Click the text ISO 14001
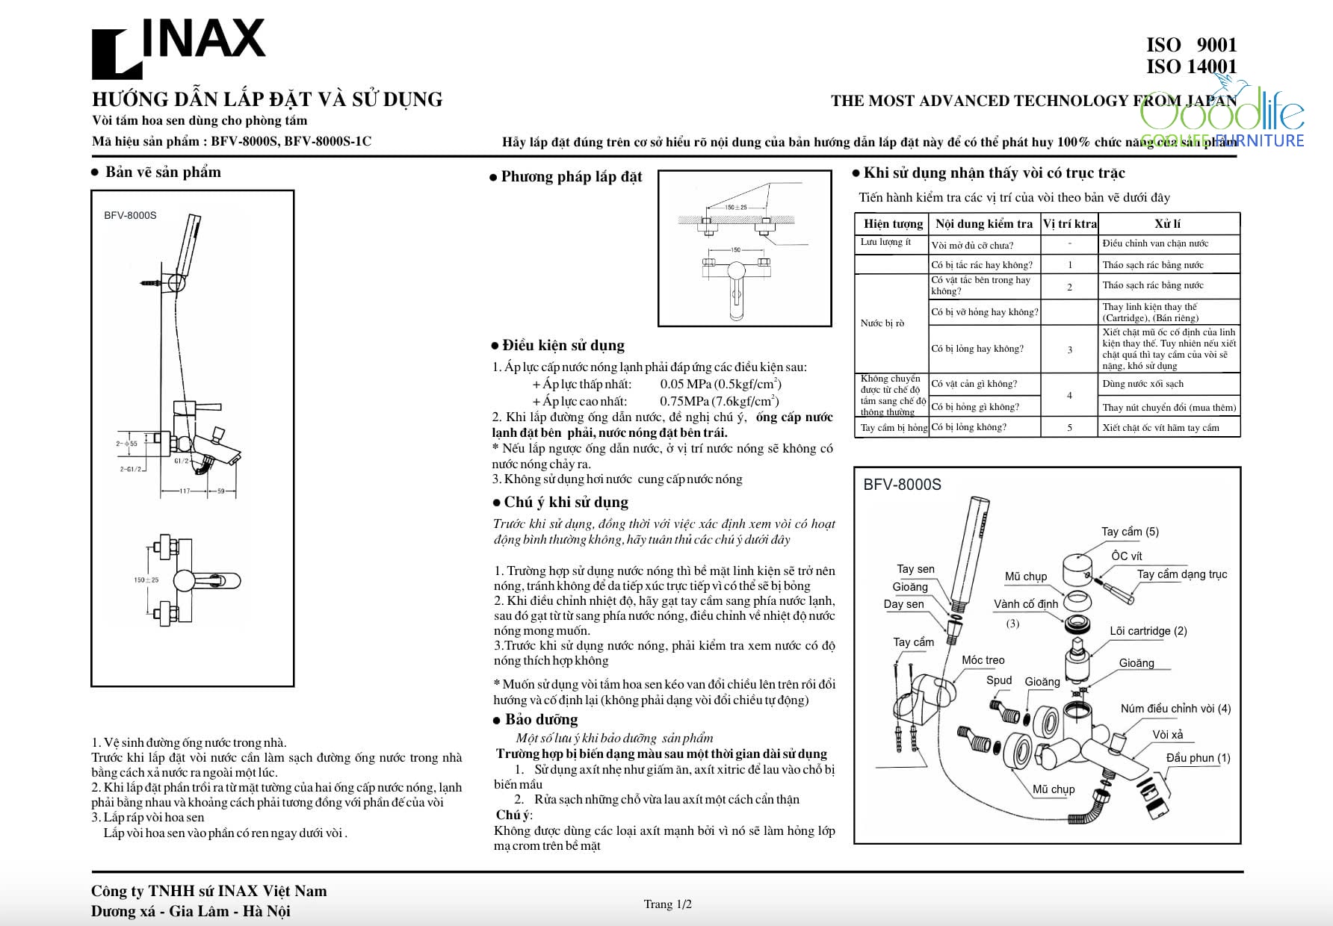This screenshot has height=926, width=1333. pos(1191,66)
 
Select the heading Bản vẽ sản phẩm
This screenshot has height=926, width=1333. pos(163,173)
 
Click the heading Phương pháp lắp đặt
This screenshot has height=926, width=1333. pos(572,177)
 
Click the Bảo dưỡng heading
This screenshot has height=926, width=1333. pos(541,720)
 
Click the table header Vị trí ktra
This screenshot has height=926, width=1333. pos(1070,224)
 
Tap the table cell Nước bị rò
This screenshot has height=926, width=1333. pos(882,323)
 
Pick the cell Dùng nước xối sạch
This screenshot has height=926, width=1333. pos(1142,384)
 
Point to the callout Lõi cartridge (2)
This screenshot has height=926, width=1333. pos(1148,631)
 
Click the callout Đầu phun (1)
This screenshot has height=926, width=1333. pos(1198,758)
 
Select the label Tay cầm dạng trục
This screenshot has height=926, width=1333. pos(1181,574)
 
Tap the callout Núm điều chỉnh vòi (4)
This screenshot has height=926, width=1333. pos(1175,709)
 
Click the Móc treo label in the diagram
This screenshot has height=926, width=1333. pos(983,660)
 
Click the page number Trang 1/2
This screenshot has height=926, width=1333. pos(667,904)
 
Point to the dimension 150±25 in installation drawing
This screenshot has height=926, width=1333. pos(736,207)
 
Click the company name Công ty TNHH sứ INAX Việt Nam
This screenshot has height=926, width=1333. pos(208,891)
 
